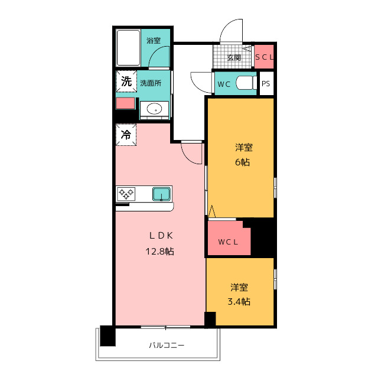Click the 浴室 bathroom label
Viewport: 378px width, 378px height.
tap(154, 41)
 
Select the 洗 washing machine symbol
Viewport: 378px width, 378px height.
tap(126, 82)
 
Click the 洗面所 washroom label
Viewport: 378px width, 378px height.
tap(151, 83)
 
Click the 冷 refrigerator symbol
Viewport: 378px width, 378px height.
tap(126, 135)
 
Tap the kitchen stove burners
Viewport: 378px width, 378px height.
tap(126, 193)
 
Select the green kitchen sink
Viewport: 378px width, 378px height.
tap(161, 193)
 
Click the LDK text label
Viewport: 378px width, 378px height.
tap(160, 236)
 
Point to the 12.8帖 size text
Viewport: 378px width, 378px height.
tap(160, 251)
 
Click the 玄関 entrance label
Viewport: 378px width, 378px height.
tap(234, 58)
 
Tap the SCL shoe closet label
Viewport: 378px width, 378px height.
tap(264, 57)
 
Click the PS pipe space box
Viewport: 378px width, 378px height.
tap(266, 84)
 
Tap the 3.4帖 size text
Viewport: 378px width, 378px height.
tap(239, 302)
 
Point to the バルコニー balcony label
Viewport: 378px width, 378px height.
tap(166, 345)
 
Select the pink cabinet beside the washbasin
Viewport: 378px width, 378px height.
tap(125, 104)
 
